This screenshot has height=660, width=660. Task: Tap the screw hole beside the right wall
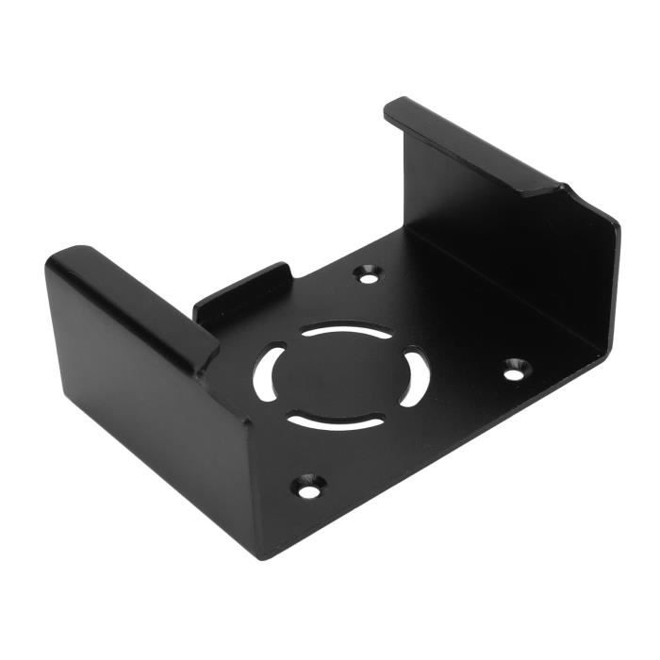pos(514,369)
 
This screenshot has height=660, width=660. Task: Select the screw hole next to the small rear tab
pos(369,273)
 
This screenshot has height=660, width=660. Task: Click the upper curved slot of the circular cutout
pos(345,332)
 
